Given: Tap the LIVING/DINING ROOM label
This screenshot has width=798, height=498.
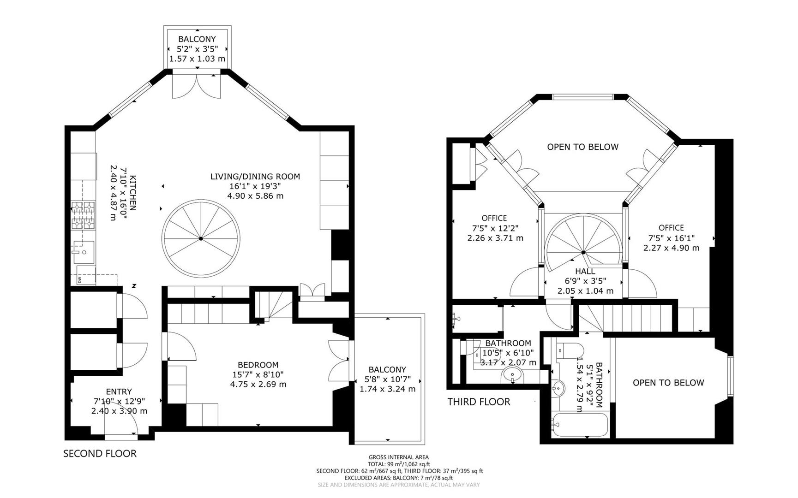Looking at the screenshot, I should point(255,177).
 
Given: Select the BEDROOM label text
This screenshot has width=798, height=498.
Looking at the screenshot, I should point(258,365).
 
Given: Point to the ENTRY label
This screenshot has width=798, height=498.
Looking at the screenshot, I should point(119,391).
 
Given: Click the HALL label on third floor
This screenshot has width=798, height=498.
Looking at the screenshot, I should point(585,272).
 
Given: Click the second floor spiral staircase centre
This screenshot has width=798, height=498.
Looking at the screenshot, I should point(201,238).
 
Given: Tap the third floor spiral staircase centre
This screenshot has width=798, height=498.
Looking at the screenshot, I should point(583,252).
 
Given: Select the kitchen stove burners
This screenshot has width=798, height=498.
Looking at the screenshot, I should point(83,216).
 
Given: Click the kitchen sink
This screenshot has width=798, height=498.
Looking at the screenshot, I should point(84,252).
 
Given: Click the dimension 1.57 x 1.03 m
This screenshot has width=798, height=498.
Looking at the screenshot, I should point(197,59).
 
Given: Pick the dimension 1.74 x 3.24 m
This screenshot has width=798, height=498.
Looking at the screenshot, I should point(387,389).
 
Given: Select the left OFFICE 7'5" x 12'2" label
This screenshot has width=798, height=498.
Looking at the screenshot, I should point(494,218).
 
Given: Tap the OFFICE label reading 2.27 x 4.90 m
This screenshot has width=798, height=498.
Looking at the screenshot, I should point(671,248).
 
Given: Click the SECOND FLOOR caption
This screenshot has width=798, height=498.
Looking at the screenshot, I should point(100,454).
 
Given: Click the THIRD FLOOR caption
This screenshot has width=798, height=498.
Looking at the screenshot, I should point(479,402).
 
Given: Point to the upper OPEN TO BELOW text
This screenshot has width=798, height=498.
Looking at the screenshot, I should point(582,147).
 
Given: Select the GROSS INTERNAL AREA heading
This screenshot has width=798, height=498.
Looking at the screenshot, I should point(399,457).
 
